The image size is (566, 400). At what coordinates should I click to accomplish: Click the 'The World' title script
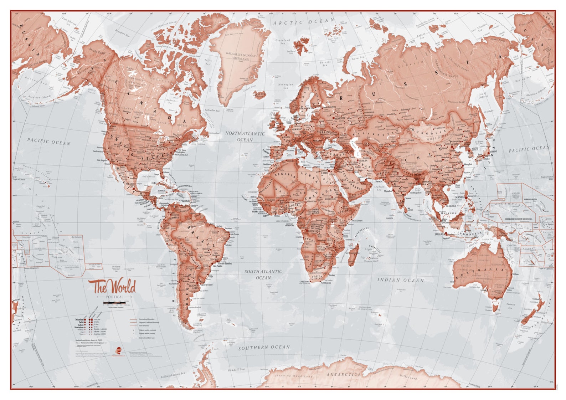112,286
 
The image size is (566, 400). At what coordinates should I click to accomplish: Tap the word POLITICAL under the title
114,297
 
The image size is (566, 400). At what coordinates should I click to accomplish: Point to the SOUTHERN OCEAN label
264,347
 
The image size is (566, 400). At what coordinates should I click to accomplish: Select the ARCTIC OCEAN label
304,22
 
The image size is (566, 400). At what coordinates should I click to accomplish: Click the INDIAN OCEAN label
401,281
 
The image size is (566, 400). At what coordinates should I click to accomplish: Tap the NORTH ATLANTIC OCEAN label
245,137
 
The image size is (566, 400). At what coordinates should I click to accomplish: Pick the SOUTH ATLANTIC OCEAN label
263,275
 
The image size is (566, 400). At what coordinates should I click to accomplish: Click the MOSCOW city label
340,118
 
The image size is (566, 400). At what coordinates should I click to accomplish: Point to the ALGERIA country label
286,176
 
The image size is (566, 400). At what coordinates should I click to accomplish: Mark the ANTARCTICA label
344,375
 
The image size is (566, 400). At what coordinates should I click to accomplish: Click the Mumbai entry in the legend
80,320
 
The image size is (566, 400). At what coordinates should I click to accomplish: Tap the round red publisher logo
119,350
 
